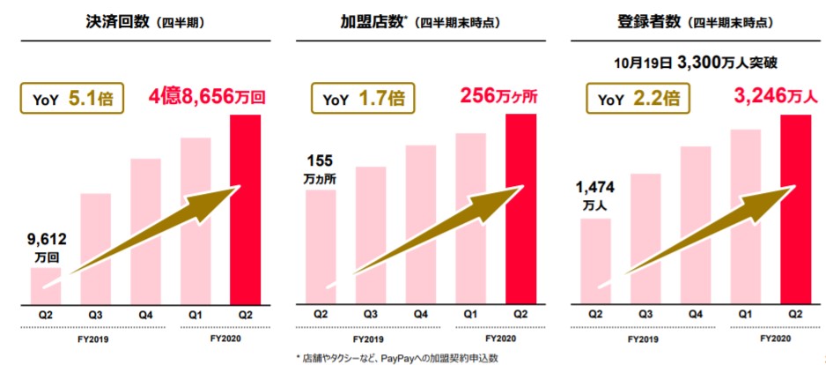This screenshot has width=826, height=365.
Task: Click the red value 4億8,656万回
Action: point(208,97)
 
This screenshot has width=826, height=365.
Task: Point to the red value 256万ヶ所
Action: point(498,96)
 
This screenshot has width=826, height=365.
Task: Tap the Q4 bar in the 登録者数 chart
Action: point(696,225)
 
